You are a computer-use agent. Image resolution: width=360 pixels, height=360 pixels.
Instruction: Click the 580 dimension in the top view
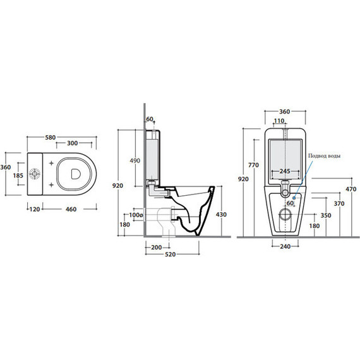pos(51,137)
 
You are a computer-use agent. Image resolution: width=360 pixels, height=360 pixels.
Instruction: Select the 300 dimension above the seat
pos(73,143)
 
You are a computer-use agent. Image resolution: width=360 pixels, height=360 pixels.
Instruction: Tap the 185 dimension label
pos(18,176)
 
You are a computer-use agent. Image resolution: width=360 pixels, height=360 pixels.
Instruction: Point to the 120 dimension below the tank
pos(35,209)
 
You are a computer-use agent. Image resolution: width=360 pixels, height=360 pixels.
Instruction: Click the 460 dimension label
pos(71,209)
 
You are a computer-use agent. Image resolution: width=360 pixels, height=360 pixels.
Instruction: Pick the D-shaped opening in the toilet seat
pos(76,174)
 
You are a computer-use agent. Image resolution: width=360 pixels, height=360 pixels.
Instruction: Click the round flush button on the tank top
pos(35,174)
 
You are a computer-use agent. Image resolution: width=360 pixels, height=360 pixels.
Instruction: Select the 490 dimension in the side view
pos(135,160)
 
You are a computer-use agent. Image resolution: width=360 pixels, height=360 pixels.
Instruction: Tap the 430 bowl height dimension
pos(221,215)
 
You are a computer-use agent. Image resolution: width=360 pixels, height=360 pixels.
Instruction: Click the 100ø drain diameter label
pos(136,215)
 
